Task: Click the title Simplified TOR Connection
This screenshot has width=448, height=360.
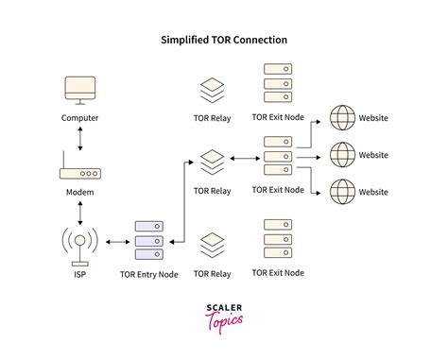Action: (x=224, y=41)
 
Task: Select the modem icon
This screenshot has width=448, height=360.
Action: (x=79, y=174)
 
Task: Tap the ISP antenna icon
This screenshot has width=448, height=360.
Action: (x=79, y=243)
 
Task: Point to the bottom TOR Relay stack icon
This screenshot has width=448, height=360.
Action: (x=212, y=244)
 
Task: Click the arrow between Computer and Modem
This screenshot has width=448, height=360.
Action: (x=79, y=137)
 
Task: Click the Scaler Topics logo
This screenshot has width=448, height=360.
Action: (x=224, y=315)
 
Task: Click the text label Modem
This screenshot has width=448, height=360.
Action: (x=79, y=191)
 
